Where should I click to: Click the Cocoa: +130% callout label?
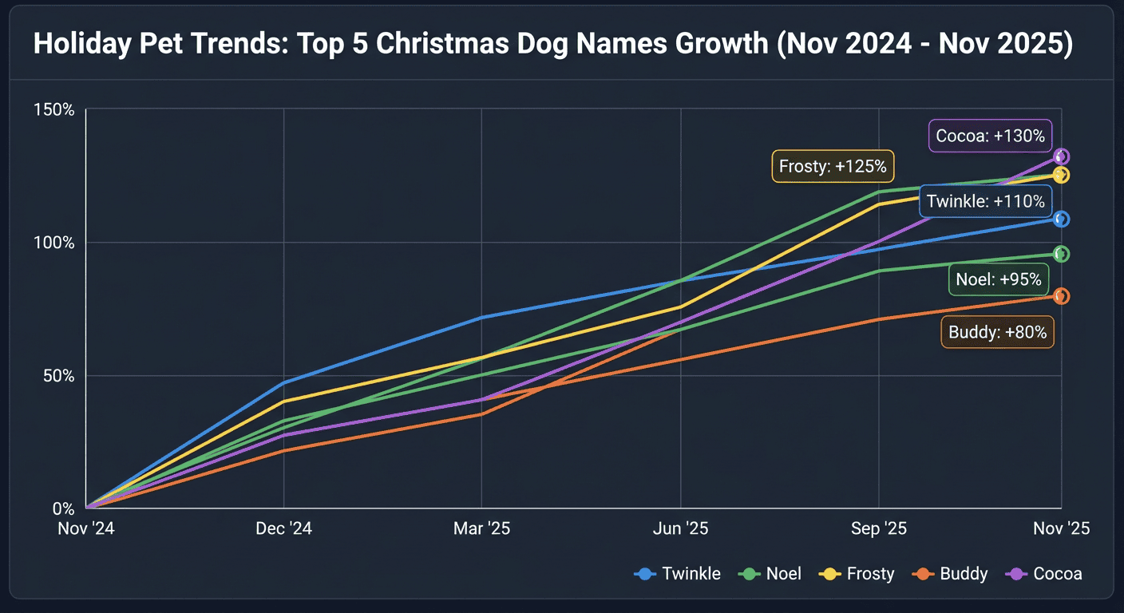coord(990,136)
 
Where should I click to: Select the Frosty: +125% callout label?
coord(833,167)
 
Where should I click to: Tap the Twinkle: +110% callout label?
coord(985,202)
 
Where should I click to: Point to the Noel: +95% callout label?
coord(998,279)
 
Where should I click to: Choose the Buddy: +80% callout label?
coord(997,332)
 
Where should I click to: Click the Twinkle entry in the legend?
coord(678,574)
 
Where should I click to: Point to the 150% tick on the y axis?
coord(54,109)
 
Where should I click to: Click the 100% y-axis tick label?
coord(54,243)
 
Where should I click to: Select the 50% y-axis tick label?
coord(57,376)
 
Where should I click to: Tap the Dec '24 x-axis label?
coord(283,529)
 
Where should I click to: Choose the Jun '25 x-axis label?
coord(680,529)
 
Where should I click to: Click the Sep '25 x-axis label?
coord(878,529)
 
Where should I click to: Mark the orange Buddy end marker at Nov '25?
coord(1061,296)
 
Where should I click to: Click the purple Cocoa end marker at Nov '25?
coord(1061,157)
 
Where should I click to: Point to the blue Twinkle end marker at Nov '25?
coord(1061,219)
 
